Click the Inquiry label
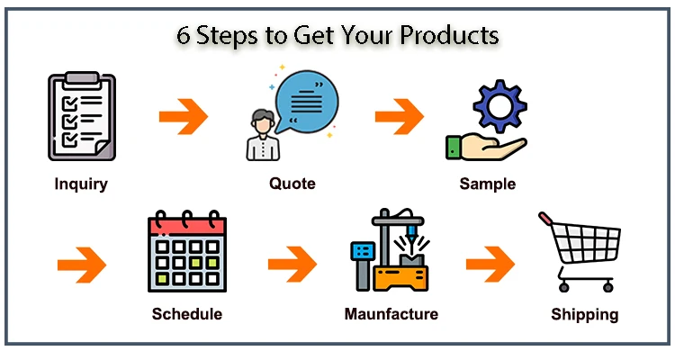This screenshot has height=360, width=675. point(81,184)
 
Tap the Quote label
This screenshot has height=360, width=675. point(292,184)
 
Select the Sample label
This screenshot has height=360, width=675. point(488,184)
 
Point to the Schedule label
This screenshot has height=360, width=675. point(186,314)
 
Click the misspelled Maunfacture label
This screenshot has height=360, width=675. point(391,314)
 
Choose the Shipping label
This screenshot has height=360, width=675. point(585,314)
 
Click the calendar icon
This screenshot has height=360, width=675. point(186,253)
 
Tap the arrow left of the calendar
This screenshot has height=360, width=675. point(82,265)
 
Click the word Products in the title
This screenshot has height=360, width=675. point(447,36)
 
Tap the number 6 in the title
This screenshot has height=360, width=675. point(183,35)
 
